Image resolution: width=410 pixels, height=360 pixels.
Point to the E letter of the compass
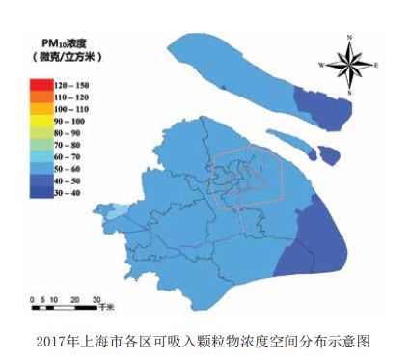pos(375,66)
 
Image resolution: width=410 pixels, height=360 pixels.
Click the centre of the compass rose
pos(349,65)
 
